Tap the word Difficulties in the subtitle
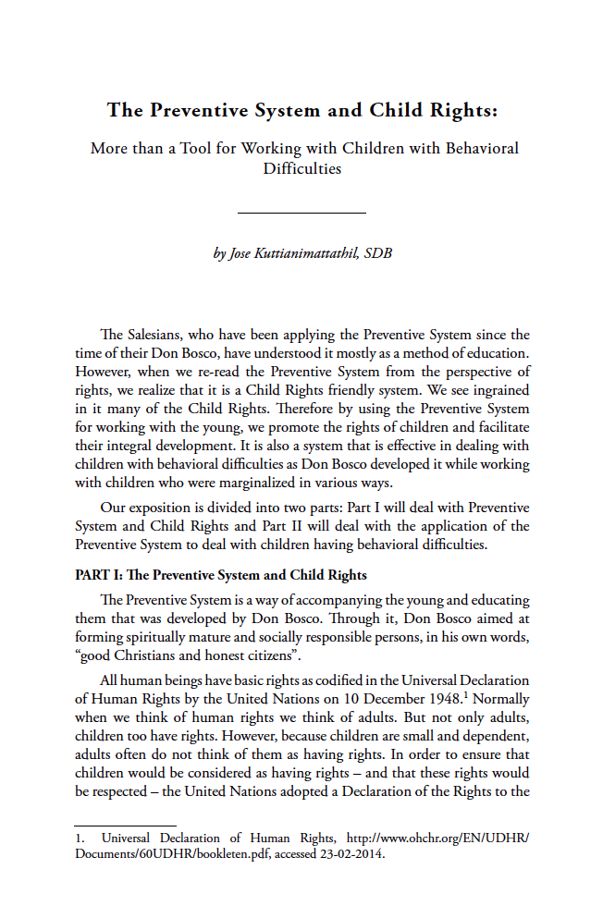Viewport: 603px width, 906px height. [301, 168]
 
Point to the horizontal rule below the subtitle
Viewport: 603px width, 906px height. [301, 214]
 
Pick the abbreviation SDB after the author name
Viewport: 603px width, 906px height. [377, 252]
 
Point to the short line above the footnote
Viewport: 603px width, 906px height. [125, 826]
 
